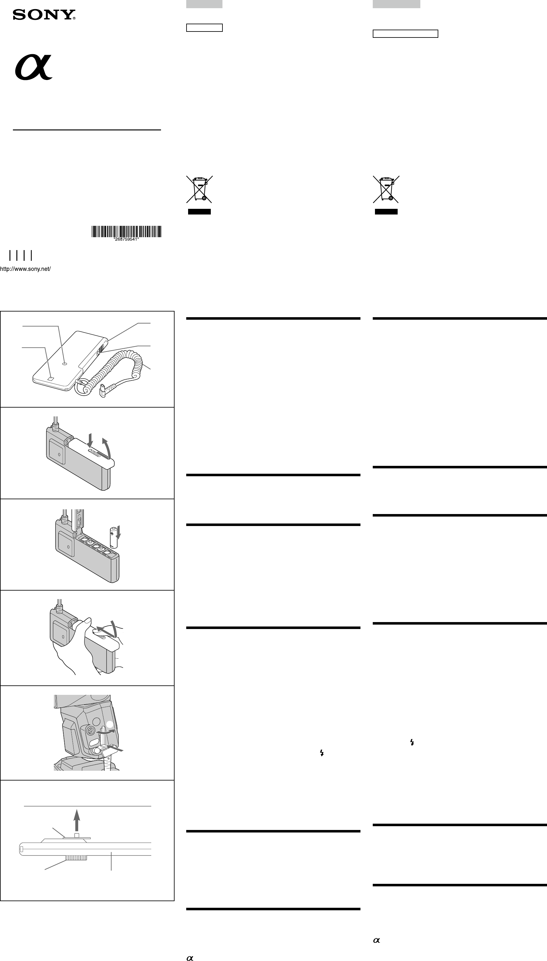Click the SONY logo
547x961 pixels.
click(44, 15)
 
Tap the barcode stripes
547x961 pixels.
click(126, 231)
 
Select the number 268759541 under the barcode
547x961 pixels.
click(126, 239)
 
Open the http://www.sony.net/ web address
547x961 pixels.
click(25, 269)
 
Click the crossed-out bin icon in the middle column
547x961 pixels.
click(199, 189)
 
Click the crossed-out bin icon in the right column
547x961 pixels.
click(386, 189)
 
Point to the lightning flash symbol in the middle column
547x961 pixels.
click(322, 752)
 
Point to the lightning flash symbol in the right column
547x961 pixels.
click(412, 742)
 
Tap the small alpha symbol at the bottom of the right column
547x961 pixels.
click(377, 940)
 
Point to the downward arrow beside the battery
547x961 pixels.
click(118, 532)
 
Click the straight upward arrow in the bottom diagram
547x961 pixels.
click(77, 820)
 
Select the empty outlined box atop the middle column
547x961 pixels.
click(204, 28)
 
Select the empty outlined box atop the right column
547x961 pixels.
click(405, 34)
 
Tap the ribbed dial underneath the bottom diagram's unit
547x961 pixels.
click(76, 857)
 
